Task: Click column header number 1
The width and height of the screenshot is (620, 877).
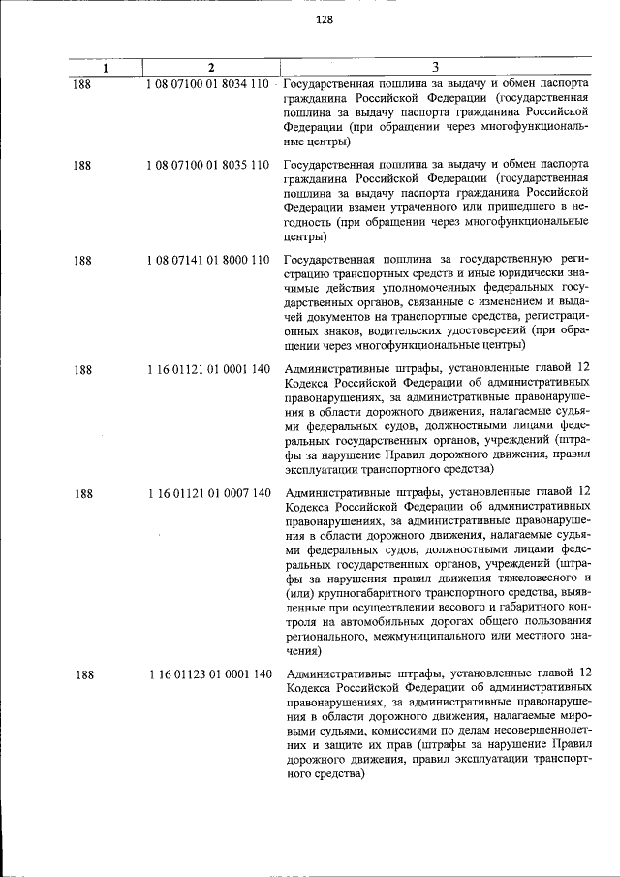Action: [107, 67]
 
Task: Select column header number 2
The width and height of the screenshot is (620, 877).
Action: [210, 67]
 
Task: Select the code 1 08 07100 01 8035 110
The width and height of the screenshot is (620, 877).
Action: [207, 165]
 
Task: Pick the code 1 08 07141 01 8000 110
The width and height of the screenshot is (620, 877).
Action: [207, 260]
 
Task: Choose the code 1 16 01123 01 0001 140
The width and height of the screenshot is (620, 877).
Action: [209, 673]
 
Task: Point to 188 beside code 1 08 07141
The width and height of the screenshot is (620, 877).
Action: [82, 260]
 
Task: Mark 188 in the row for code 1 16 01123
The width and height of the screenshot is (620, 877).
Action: [82, 673]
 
